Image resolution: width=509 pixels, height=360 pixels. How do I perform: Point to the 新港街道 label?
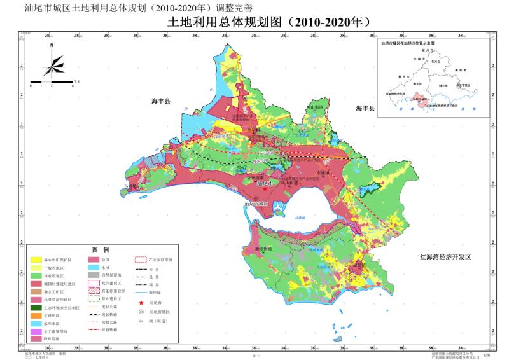[263, 248]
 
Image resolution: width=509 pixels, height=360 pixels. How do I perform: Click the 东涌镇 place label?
[317, 172]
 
